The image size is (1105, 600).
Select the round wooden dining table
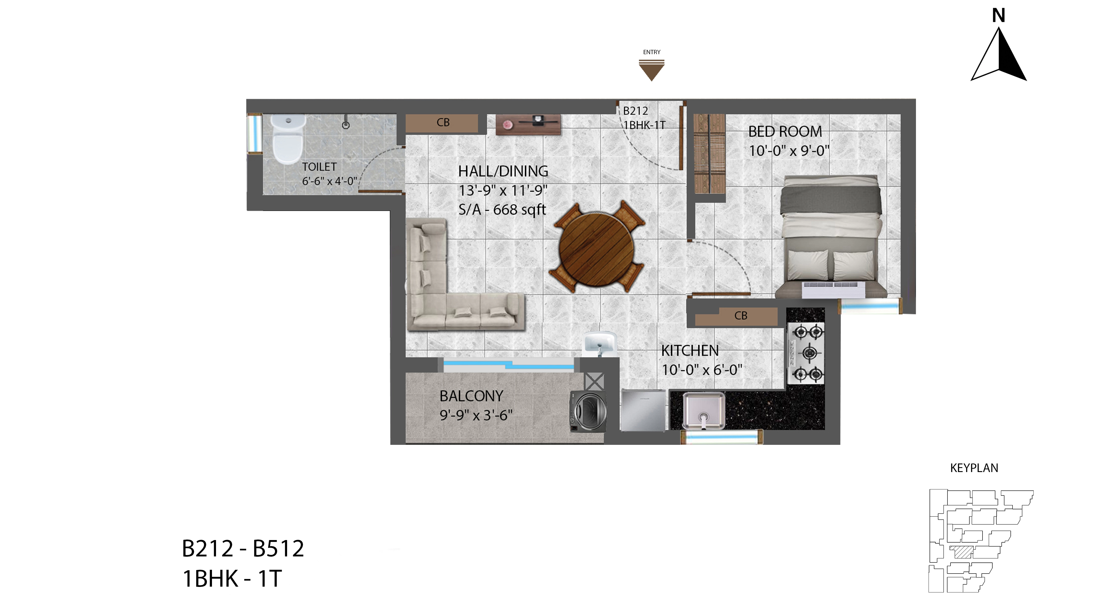(x=596, y=249)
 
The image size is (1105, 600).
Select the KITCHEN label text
(x=690, y=351)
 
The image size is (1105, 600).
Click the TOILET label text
(x=319, y=167)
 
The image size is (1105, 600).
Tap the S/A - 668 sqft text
(x=502, y=210)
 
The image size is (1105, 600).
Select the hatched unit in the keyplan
(x=962, y=552)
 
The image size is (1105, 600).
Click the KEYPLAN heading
(x=974, y=468)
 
